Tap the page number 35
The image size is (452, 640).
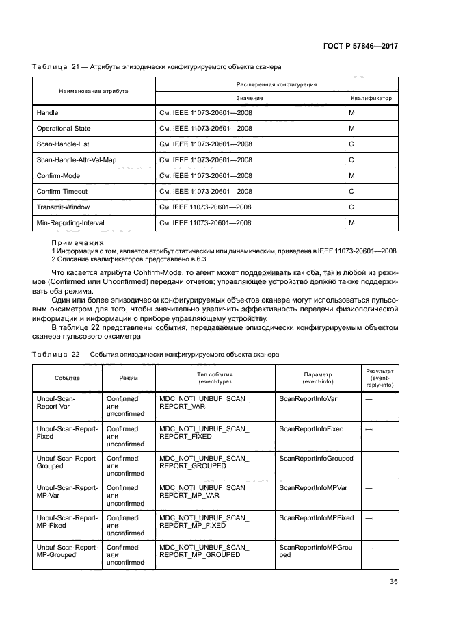[x=393, y=582]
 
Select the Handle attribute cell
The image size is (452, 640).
[x=47, y=112]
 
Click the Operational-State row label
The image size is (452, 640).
[x=63, y=128]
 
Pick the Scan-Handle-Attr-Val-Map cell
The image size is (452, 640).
[x=75, y=159]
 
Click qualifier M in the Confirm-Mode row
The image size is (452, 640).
[x=351, y=175]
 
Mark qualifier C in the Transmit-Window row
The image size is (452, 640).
[x=351, y=207]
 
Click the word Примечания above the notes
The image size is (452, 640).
[x=77, y=242]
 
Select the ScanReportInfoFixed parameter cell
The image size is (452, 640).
[x=311, y=428]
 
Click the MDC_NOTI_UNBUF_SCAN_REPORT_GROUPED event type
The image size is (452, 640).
[x=204, y=462]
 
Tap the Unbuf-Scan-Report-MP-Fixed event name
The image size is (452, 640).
[x=66, y=522]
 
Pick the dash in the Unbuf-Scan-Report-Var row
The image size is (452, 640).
[x=369, y=399]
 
